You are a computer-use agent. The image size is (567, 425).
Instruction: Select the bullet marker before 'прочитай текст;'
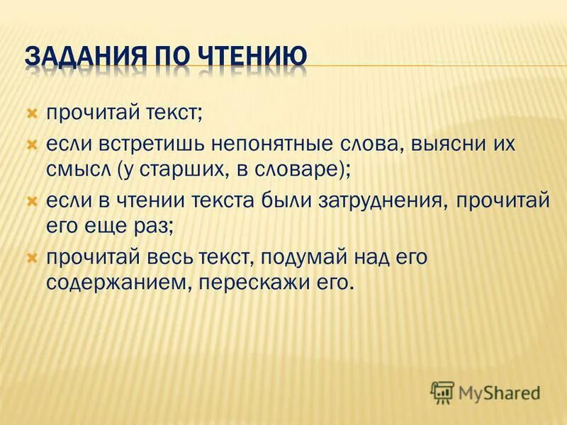tap(31, 113)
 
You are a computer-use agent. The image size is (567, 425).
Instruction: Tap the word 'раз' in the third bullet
tap(156, 227)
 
